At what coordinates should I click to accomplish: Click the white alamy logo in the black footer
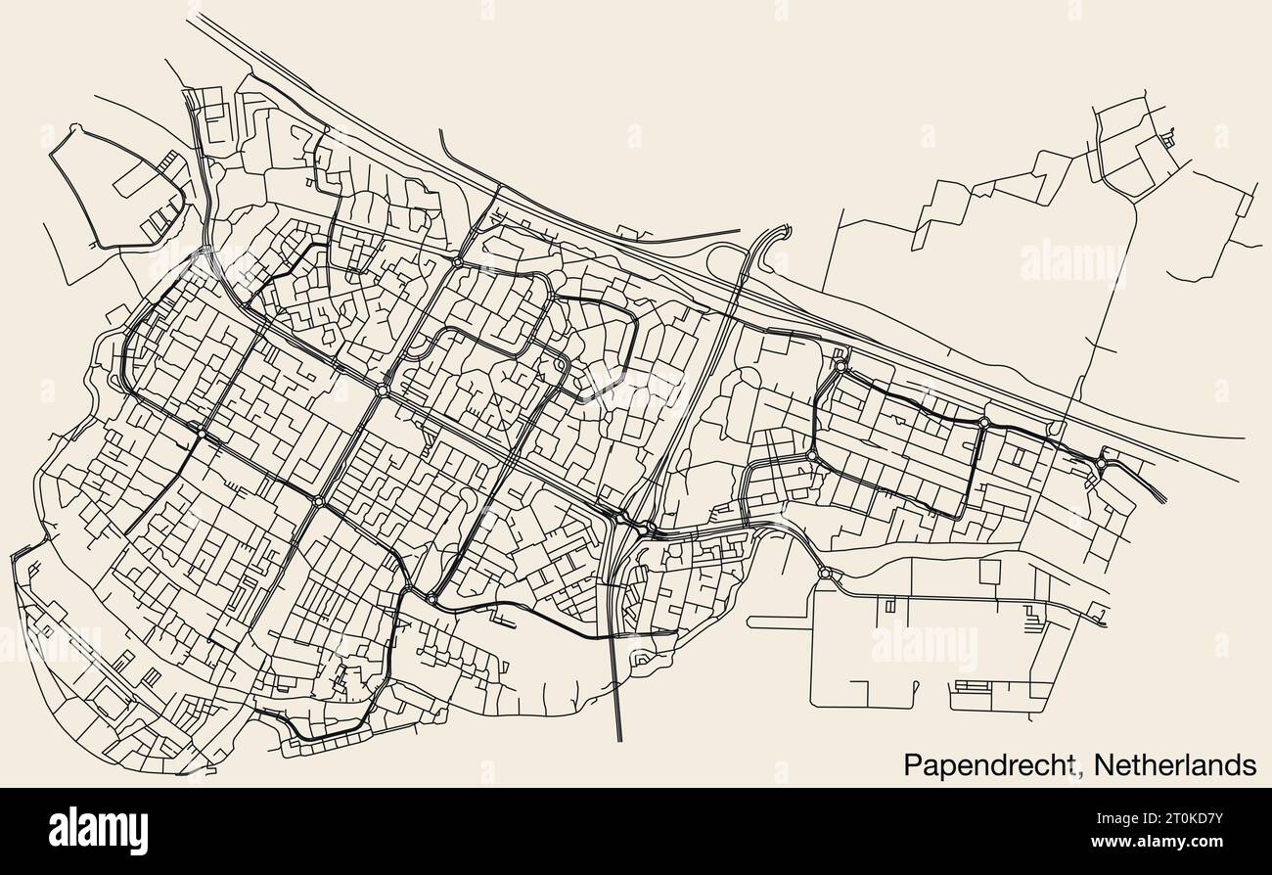click(98, 830)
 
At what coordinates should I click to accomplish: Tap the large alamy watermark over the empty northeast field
click(1072, 262)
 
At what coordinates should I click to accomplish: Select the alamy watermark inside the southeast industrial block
click(924, 646)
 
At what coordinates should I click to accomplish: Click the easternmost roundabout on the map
click(1103, 463)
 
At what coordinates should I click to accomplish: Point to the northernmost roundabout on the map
click(458, 262)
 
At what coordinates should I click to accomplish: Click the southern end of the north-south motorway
click(619, 739)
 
